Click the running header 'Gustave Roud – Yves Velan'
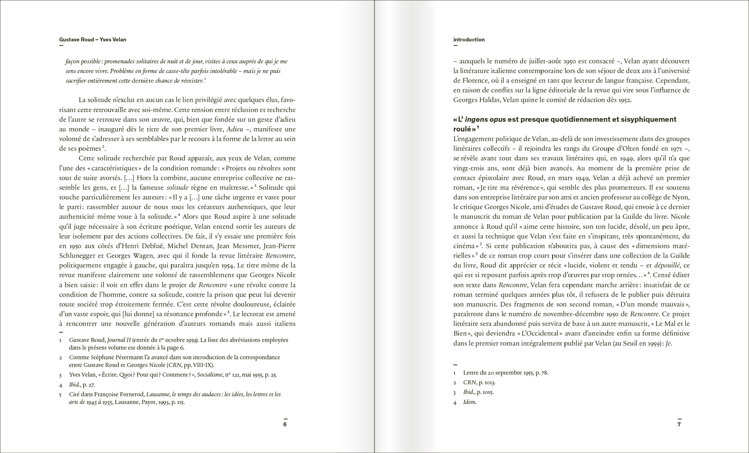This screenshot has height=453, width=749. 92,40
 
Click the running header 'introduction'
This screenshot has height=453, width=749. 469,40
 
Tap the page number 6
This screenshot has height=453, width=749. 285,424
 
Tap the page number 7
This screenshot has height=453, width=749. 679,424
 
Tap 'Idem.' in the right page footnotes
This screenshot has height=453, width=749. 470,402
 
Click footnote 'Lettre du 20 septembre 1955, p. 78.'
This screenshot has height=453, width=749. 505,373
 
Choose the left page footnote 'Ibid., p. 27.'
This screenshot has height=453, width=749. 82,385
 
